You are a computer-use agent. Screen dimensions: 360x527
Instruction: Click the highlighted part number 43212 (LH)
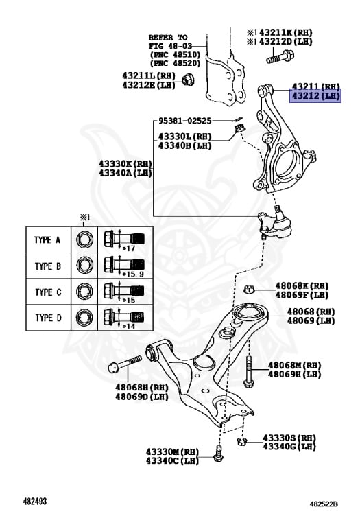pyautogui.click(x=315, y=96)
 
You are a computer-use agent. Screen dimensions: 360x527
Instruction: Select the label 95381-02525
pyautogui.click(x=184, y=121)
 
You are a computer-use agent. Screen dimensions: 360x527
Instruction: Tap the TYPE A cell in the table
pyautogui.click(x=49, y=240)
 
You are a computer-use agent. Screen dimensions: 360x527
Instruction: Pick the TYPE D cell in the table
pyautogui.click(x=49, y=318)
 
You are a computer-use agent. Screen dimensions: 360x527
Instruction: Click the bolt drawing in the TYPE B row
pyautogui.click(x=124, y=264)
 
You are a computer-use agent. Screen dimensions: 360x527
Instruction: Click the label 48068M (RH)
pyautogui.click(x=294, y=365)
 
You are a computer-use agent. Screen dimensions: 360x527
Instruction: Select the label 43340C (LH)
pyautogui.click(x=172, y=460)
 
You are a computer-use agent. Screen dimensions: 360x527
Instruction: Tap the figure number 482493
pyautogui.click(x=34, y=502)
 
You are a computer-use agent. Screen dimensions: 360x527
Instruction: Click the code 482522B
pyautogui.click(x=324, y=504)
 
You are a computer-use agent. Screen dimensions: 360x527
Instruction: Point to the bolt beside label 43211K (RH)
pyautogui.click(x=280, y=56)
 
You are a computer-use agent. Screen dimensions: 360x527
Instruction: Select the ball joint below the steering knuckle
pyautogui.click(x=275, y=224)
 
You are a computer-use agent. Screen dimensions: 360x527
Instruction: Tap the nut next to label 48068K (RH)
pyautogui.click(x=248, y=289)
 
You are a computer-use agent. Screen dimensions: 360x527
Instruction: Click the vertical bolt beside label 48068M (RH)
pyautogui.click(x=249, y=371)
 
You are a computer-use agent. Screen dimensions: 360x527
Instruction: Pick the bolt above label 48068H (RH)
pyautogui.click(x=125, y=364)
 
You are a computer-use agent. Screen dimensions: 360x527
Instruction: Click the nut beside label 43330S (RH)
pyautogui.click(x=241, y=441)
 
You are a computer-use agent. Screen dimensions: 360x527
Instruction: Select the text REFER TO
pyautogui.click(x=168, y=37)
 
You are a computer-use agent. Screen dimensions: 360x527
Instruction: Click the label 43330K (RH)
pyautogui.click(x=125, y=164)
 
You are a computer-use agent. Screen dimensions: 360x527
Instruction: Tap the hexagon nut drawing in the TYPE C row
pyautogui.click(x=84, y=291)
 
